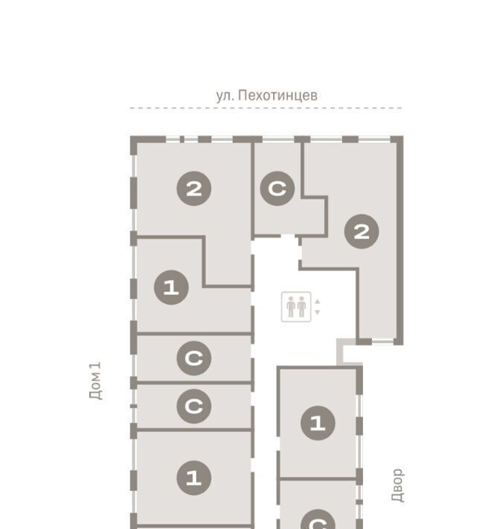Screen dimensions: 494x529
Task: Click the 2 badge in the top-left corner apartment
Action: (194, 189)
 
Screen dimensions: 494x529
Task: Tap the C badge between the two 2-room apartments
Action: (278, 189)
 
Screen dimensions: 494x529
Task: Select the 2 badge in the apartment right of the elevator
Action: (362, 232)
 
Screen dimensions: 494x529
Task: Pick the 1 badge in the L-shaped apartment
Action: (171, 288)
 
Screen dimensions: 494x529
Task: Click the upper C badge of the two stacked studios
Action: (194, 358)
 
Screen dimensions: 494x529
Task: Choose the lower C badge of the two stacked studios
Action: (194, 406)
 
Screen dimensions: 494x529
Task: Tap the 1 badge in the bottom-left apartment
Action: (194, 478)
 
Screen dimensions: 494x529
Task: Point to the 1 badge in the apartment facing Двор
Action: (318, 423)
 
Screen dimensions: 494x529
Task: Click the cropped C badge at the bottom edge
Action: (318, 519)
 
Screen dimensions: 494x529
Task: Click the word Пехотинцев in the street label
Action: (278, 95)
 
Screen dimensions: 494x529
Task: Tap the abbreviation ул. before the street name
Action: (225, 96)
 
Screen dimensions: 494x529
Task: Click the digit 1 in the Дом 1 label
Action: (96, 368)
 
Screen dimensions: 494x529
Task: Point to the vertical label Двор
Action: (397, 485)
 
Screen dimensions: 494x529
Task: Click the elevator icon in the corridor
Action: (296, 307)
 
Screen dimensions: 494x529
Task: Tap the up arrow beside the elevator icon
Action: (317, 302)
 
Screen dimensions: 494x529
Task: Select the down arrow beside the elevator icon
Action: (317, 312)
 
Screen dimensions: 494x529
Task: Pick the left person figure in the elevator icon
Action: (291, 307)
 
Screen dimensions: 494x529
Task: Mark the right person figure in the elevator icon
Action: (301, 307)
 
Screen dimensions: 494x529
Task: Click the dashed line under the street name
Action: (266, 108)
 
